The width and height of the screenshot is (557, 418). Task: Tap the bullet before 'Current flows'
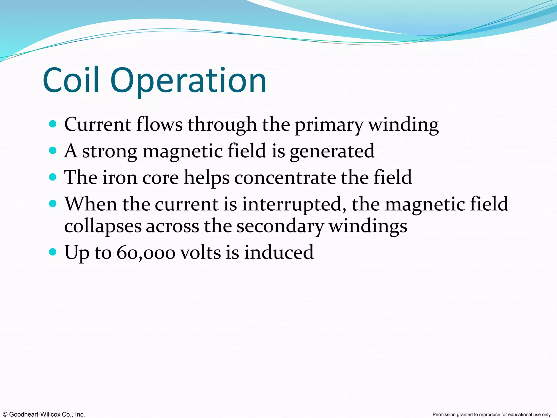[x=53, y=124]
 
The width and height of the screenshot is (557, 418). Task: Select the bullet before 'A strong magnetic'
[x=53, y=150]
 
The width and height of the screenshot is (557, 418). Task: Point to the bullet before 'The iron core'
[x=53, y=177]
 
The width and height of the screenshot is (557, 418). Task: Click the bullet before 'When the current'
[x=53, y=204]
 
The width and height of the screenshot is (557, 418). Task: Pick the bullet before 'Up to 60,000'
[x=53, y=252]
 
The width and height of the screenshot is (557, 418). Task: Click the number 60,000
[x=146, y=252]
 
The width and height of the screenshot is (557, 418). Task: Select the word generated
[x=332, y=151]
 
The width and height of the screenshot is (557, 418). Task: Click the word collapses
[x=103, y=226]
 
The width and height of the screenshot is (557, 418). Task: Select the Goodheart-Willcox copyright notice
[x=43, y=414]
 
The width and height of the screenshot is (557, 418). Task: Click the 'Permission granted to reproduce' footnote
[x=491, y=414]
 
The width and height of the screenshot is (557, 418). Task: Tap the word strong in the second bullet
[x=110, y=151]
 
